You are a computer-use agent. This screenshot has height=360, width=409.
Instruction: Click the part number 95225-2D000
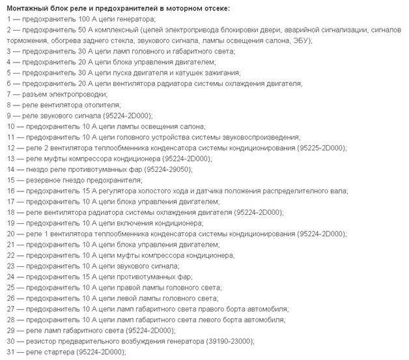(x=322, y=147)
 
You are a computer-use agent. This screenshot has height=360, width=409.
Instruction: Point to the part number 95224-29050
(x=171, y=169)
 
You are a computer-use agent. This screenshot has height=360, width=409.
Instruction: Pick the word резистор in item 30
(x=40, y=340)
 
